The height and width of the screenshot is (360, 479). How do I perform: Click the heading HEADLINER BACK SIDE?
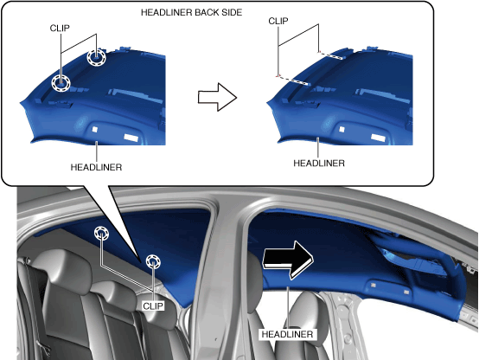tap(191, 12)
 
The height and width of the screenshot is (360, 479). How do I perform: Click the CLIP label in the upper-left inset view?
tap(60, 29)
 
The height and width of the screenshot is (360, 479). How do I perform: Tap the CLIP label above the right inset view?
tap(278, 21)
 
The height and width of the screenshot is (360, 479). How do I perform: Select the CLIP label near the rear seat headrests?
tap(153, 305)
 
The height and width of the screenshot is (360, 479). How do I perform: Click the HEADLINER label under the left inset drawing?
tap(96, 167)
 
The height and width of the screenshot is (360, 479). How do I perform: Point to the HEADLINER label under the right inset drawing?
tap(319, 164)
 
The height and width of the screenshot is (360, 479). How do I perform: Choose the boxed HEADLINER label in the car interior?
tap(287, 334)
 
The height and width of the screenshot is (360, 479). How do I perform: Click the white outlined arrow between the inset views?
tap(218, 97)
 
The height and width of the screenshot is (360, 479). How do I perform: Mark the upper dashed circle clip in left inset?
tap(96, 57)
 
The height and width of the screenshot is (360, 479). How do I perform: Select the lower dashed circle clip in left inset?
tap(61, 83)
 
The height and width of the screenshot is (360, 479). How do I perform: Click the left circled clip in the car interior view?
tap(101, 234)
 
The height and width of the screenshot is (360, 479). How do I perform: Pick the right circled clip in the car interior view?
tap(153, 262)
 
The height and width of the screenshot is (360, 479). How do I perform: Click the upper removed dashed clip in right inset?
tap(331, 55)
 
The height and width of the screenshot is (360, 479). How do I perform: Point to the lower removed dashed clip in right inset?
tap(293, 80)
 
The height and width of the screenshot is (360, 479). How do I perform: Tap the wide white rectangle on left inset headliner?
tap(131, 138)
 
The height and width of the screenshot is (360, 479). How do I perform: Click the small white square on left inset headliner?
tap(95, 130)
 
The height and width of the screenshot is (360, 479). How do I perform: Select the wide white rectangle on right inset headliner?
tap(378, 138)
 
